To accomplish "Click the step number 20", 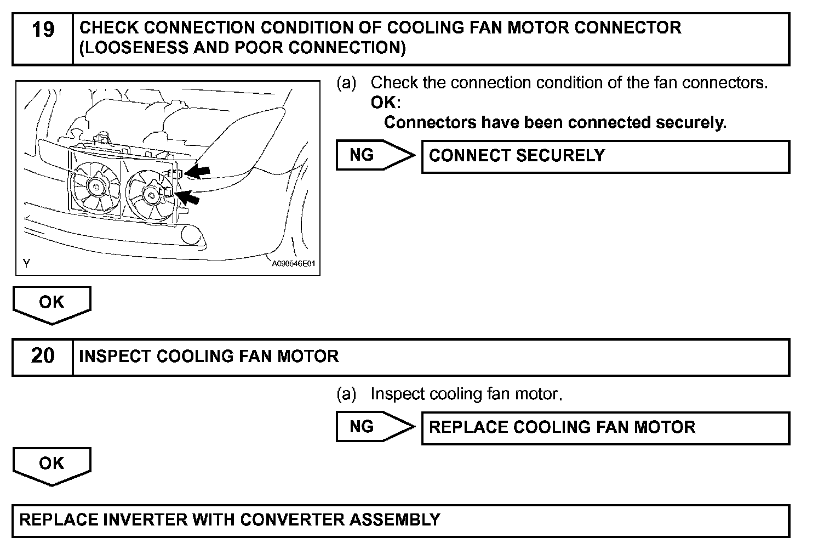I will [x=43, y=356].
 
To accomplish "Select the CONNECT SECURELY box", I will [x=605, y=156].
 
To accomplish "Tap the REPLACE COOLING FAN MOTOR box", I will [x=605, y=428].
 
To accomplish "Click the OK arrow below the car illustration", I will [x=51, y=303].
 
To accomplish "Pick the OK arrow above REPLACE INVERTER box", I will [x=51, y=465].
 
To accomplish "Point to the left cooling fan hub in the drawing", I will [x=96, y=186].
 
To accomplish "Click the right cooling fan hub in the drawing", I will [x=150, y=193].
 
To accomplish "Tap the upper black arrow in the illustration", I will [x=198, y=172].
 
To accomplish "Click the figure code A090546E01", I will [x=294, y=264].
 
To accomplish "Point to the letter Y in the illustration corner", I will [x=26, y=263].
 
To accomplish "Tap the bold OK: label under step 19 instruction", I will [x=386, y=103].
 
